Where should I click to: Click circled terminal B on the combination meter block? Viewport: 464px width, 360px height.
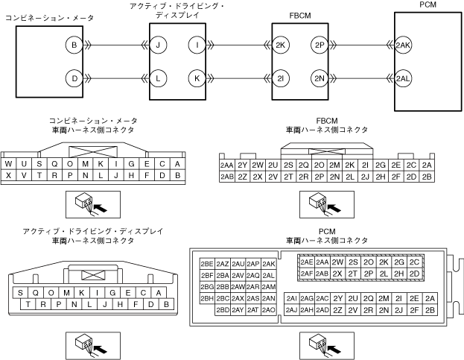(x=74, y=45)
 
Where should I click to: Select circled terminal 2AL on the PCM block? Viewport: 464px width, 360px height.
(x=404, y=78)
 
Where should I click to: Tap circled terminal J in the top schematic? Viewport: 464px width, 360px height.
(x=158, y=45)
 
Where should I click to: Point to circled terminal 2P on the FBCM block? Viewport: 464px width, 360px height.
(x=320, y=45)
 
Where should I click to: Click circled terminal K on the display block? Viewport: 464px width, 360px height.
(x=197, y=78)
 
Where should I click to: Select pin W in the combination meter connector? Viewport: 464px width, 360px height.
(x=8, y=164)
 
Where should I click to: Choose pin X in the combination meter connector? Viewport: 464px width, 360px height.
(x=8, y=176)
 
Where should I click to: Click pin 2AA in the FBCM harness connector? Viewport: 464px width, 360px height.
(x=226, y=165)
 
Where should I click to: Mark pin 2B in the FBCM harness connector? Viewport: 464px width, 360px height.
(x=427, y=177)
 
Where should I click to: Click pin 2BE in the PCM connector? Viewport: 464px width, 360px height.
(x=207, y=263)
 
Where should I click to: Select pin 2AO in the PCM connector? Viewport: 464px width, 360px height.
(x=269, y=309)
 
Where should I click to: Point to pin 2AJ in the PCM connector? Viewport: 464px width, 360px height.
(x=291, y=309)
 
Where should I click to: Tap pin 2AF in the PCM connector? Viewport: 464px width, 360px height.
(x=306, y=274)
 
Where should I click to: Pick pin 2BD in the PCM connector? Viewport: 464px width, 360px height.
(x=222, y=309)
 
